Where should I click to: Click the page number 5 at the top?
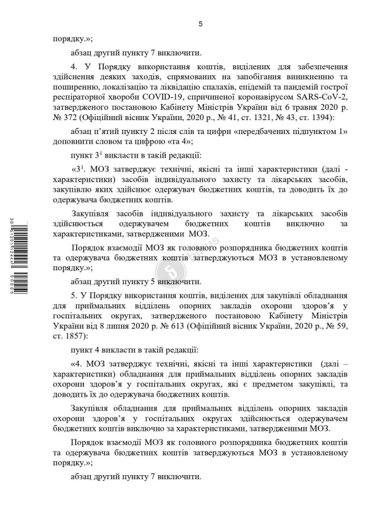[200, 24]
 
